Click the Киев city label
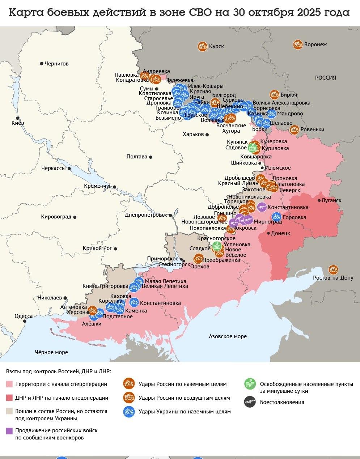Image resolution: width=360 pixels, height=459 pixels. pyautogui.click(x=18, y=123)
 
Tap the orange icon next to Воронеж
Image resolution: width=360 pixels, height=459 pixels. pyautogui.click(x=298, y=44)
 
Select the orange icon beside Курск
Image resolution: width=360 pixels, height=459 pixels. pyautogui.click(x=203, y=46)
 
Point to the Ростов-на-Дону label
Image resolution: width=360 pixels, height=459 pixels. pyautogui.click(x=333, y=278)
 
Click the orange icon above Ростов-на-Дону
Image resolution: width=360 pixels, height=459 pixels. pyautogui.click(x=333, y=269)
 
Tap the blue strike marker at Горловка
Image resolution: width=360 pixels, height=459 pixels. pyautogui.click(x=276, y=217)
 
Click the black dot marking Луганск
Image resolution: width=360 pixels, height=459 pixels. pyautogui.click(x=319, y=200)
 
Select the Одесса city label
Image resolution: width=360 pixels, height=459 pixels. pyautogui.click(x=23, y=316)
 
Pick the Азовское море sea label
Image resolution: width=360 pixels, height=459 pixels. pyautogui.click(x=228, y=336)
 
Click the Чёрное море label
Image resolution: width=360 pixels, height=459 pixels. pyautogui.click(x=51, y=352)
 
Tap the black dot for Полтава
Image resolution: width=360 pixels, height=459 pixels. pyautogui.click(x=151, y=157)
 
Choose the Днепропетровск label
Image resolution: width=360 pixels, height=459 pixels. pyautogui.click(x=146, y=214)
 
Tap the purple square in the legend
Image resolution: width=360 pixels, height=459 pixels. pyautogui.click(x=9, y=431)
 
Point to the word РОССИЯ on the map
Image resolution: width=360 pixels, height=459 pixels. pyautogui.click(x=325, y=77)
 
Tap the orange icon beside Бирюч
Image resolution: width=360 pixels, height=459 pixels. pyautogui.click(x=274, y=95)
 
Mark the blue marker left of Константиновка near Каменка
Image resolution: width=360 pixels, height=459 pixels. pyautogui.click(x=134, y=302)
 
